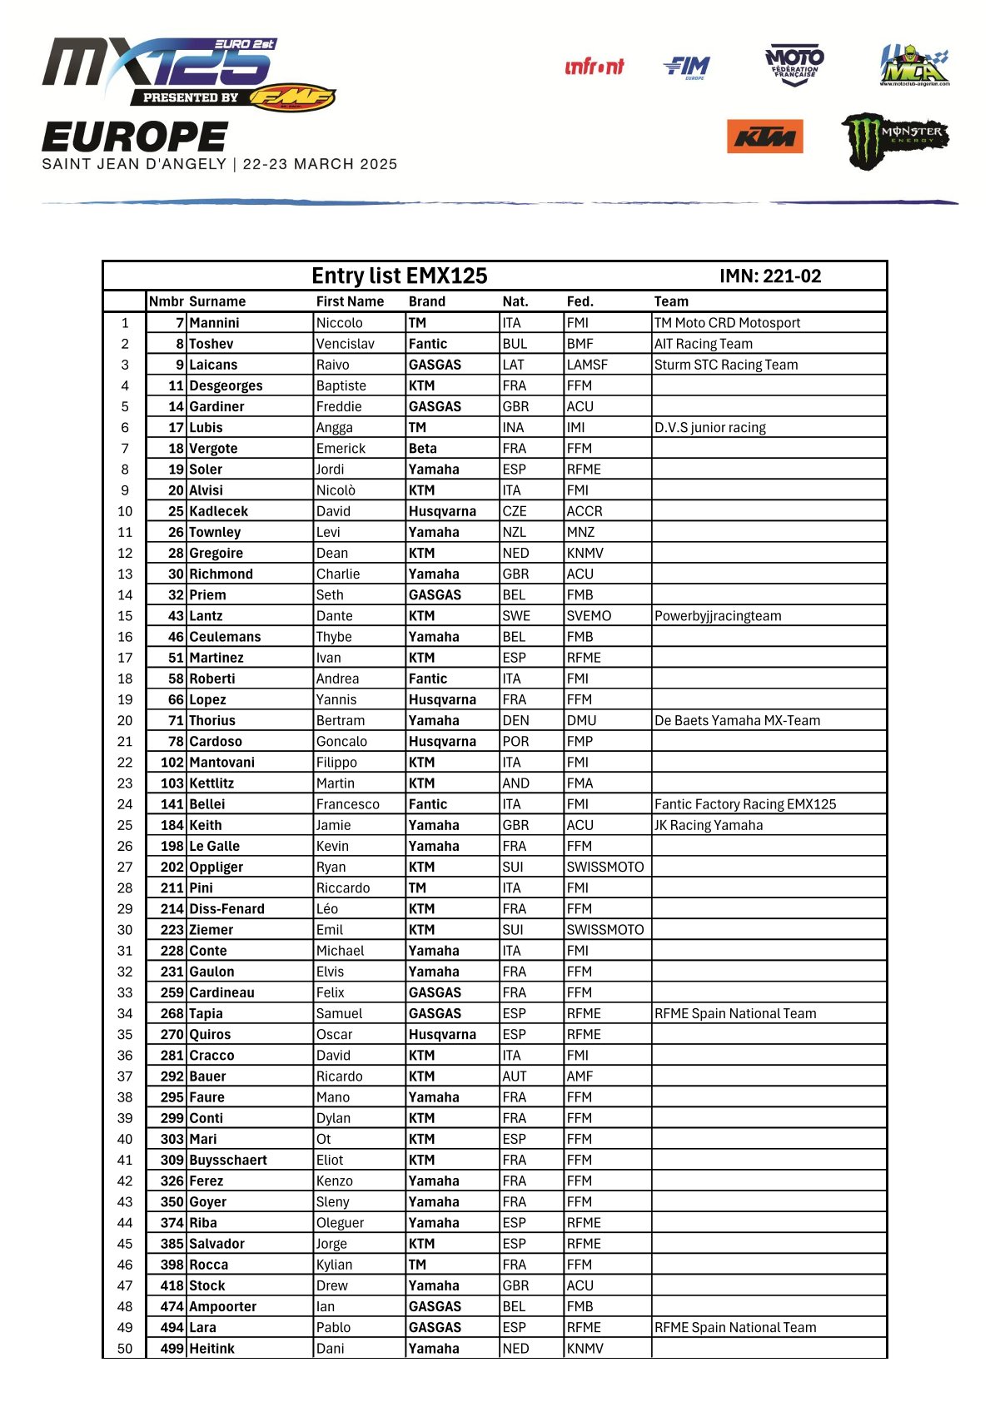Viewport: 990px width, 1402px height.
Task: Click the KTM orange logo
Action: pos(764,137)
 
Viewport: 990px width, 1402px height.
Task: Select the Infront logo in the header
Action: pos(594,67)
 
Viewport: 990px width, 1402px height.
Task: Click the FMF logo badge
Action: pos(292,97)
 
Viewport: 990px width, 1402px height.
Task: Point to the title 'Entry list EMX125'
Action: pos(399,276)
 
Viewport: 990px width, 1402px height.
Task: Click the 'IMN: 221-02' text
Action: pos(770,276)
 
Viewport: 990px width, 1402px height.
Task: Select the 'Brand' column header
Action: pos(426,301)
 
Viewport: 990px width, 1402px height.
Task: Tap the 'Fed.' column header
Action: pos(580,301)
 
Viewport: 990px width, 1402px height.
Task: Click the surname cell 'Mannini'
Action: pos(214,323)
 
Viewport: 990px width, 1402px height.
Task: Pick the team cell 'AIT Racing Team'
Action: pos(703,344)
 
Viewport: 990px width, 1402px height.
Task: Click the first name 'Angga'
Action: pos(334,428)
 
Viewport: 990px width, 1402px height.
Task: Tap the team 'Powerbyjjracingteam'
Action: pos(717,616)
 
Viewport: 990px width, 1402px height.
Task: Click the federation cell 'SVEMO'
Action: pos(589,616)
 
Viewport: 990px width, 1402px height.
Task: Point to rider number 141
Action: pos(172,804)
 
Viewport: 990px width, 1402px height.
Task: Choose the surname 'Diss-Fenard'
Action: pos(226,909)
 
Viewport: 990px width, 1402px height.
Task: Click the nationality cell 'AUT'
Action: pos(514,1076)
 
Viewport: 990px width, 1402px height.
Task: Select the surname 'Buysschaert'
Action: pos(228,1160)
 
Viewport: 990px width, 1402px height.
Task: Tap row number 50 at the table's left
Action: pos(125,1349)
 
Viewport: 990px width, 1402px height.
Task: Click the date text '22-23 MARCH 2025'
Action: pos(320,164)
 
